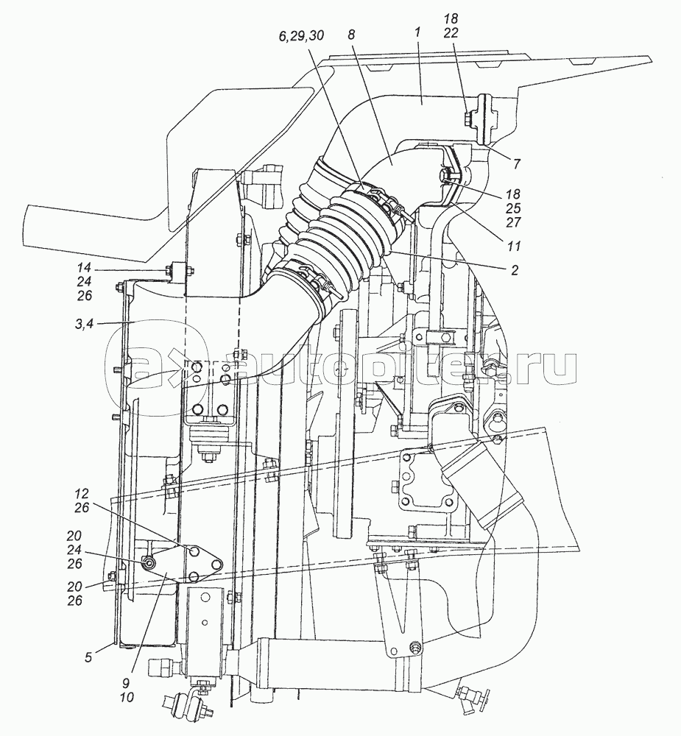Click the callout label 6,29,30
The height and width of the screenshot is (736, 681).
coord(301,35)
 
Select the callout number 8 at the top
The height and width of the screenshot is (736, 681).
coord(352,35)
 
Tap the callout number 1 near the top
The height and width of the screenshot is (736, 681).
coord(418,32)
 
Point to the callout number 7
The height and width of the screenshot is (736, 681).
coord(516,164)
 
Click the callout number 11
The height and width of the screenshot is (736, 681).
coord(515,246)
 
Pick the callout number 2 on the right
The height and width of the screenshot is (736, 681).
coord(515,270)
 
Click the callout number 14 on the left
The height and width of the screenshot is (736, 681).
coord(84,268)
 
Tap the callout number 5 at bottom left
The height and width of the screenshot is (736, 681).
coord(89,657)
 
